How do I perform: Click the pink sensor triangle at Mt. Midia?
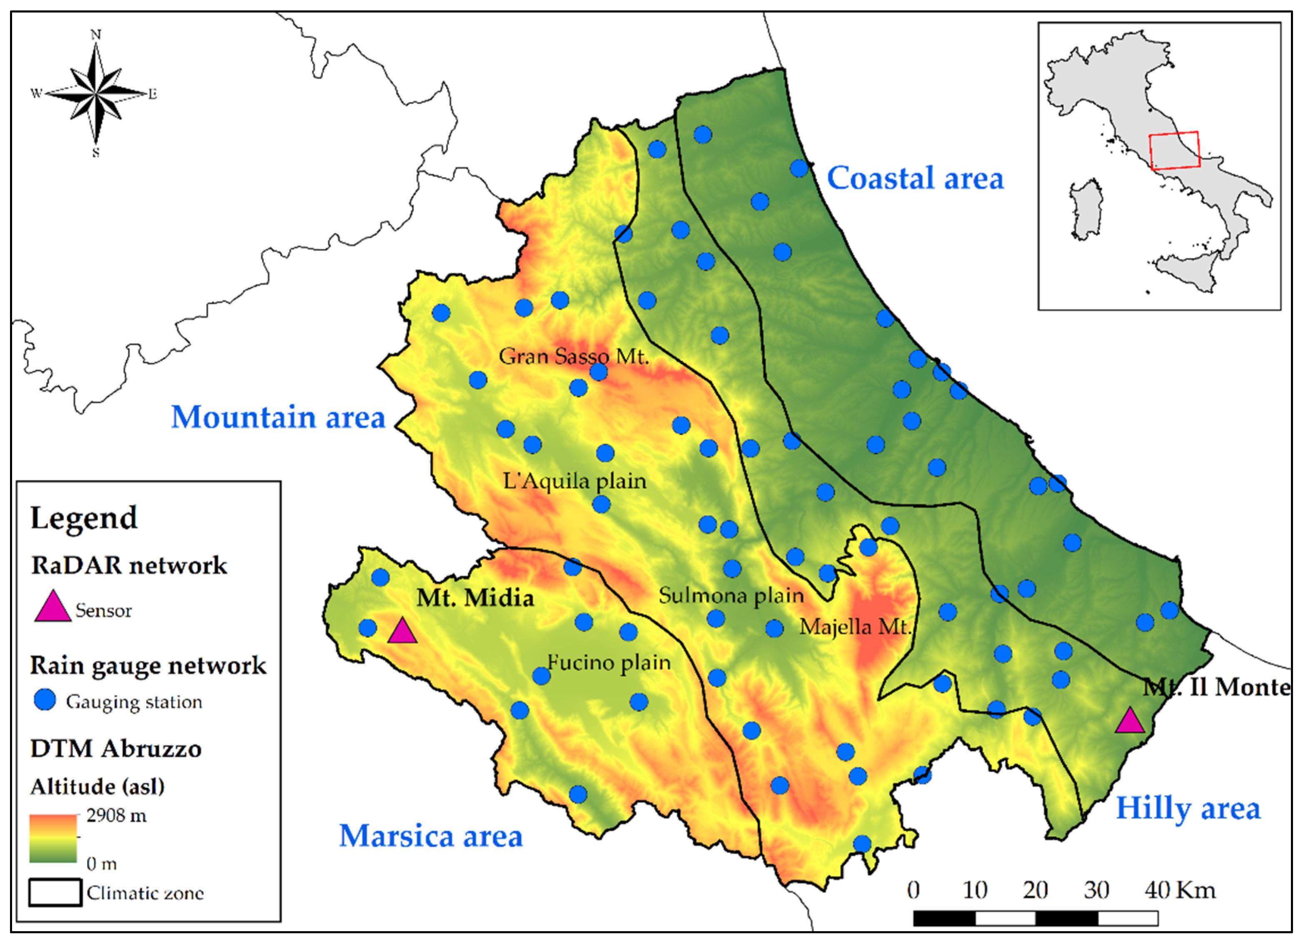[402, 632]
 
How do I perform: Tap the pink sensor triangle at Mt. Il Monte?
[1129, 722]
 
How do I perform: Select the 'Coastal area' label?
[915, 178]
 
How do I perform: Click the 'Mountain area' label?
[278, 417]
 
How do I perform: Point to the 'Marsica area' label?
[431, 836]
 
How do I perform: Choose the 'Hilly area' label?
[1188, 809]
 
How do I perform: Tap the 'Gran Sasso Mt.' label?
[573, 356]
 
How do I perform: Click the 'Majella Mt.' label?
[855, 626]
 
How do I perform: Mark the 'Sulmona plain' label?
[731, 595]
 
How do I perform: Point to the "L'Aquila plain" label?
[574, 480]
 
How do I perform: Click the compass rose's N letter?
[96, 35]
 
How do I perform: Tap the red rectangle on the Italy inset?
[1174, 150]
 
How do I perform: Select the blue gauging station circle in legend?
[45, 700]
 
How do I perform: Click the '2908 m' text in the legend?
[117, 815]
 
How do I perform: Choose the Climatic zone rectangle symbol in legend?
[55, 892]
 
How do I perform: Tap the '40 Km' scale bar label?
[1180, 890]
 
